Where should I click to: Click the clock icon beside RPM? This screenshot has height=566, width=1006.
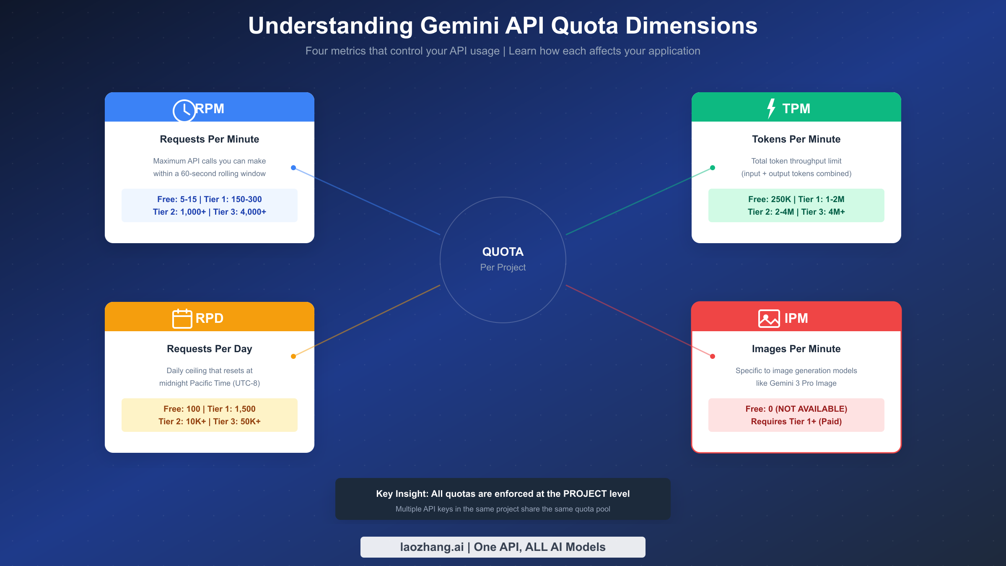pos(184,110)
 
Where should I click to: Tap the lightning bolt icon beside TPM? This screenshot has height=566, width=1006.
pos(771,109)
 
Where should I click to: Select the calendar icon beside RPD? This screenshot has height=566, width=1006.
pos(182,319)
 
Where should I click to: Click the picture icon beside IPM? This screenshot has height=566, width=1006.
pos(769,319)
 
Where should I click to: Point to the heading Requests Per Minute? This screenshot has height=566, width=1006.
pos(209,139)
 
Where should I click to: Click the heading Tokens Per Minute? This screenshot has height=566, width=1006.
pos(796,139)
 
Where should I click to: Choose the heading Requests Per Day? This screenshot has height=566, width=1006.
pos(209,349)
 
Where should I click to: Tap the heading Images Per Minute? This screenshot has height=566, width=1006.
pos(796,349)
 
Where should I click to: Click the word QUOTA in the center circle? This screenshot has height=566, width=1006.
pos(503,252)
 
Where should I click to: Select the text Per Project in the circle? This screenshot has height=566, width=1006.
pos(503,267)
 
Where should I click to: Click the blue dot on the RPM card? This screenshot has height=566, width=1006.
pos(293,168)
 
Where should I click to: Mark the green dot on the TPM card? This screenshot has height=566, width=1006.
pos(713,168)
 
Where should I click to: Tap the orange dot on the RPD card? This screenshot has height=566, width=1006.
pos(293,356)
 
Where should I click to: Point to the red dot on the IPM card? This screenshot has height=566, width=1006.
pos(713,356)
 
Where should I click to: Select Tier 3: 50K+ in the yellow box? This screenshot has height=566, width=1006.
pos(237,421)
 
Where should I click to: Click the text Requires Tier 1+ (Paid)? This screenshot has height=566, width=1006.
pos(796,421)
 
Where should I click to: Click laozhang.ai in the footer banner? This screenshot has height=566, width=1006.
pos(432,547)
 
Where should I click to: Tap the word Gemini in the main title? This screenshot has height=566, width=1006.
pos(459,26)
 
